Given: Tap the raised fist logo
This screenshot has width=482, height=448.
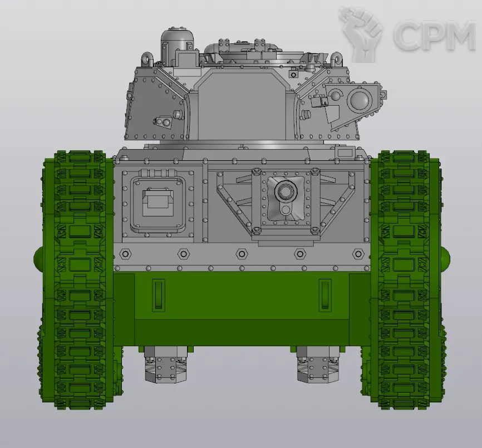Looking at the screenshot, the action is (360, 34).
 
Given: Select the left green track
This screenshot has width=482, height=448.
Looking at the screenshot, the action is (79, 279).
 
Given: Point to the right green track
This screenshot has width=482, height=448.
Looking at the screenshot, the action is (404, 279).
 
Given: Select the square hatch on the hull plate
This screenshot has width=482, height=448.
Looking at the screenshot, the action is (158, 204).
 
